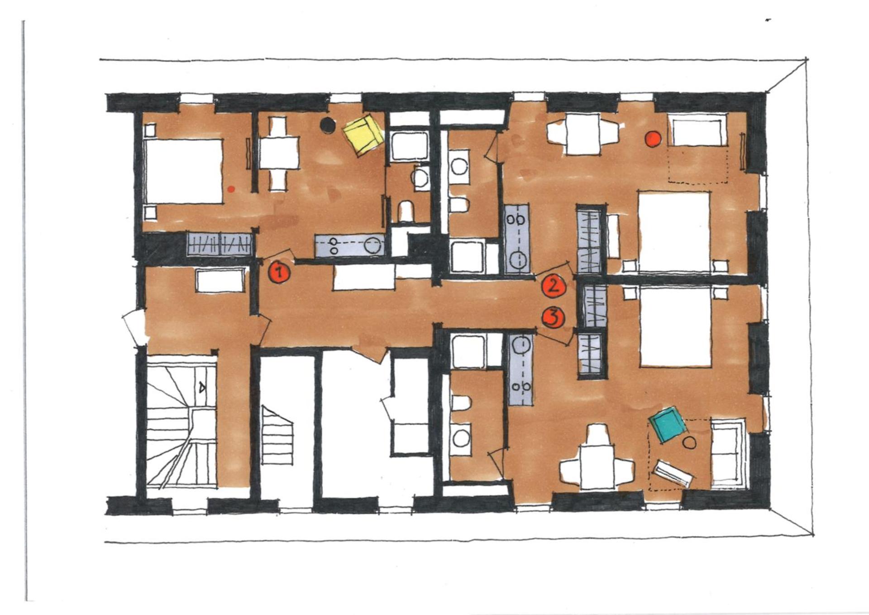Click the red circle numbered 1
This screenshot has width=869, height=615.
tap(278, 273)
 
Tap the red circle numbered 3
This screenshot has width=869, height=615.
tap(554, 317)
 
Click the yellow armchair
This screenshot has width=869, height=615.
tap(363, 135)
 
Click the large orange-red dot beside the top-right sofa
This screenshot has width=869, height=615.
tap(653, 139)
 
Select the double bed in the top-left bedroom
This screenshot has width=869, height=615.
tap(183, 171)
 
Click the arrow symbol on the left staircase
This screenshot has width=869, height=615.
tap(202, 387)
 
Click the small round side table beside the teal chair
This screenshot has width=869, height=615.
tap(689, 442)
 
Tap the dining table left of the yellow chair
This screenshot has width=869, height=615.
tap(279, 153)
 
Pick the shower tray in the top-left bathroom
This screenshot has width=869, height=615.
tap(411, 146)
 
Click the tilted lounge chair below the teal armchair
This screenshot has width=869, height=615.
tap(673, 473)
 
